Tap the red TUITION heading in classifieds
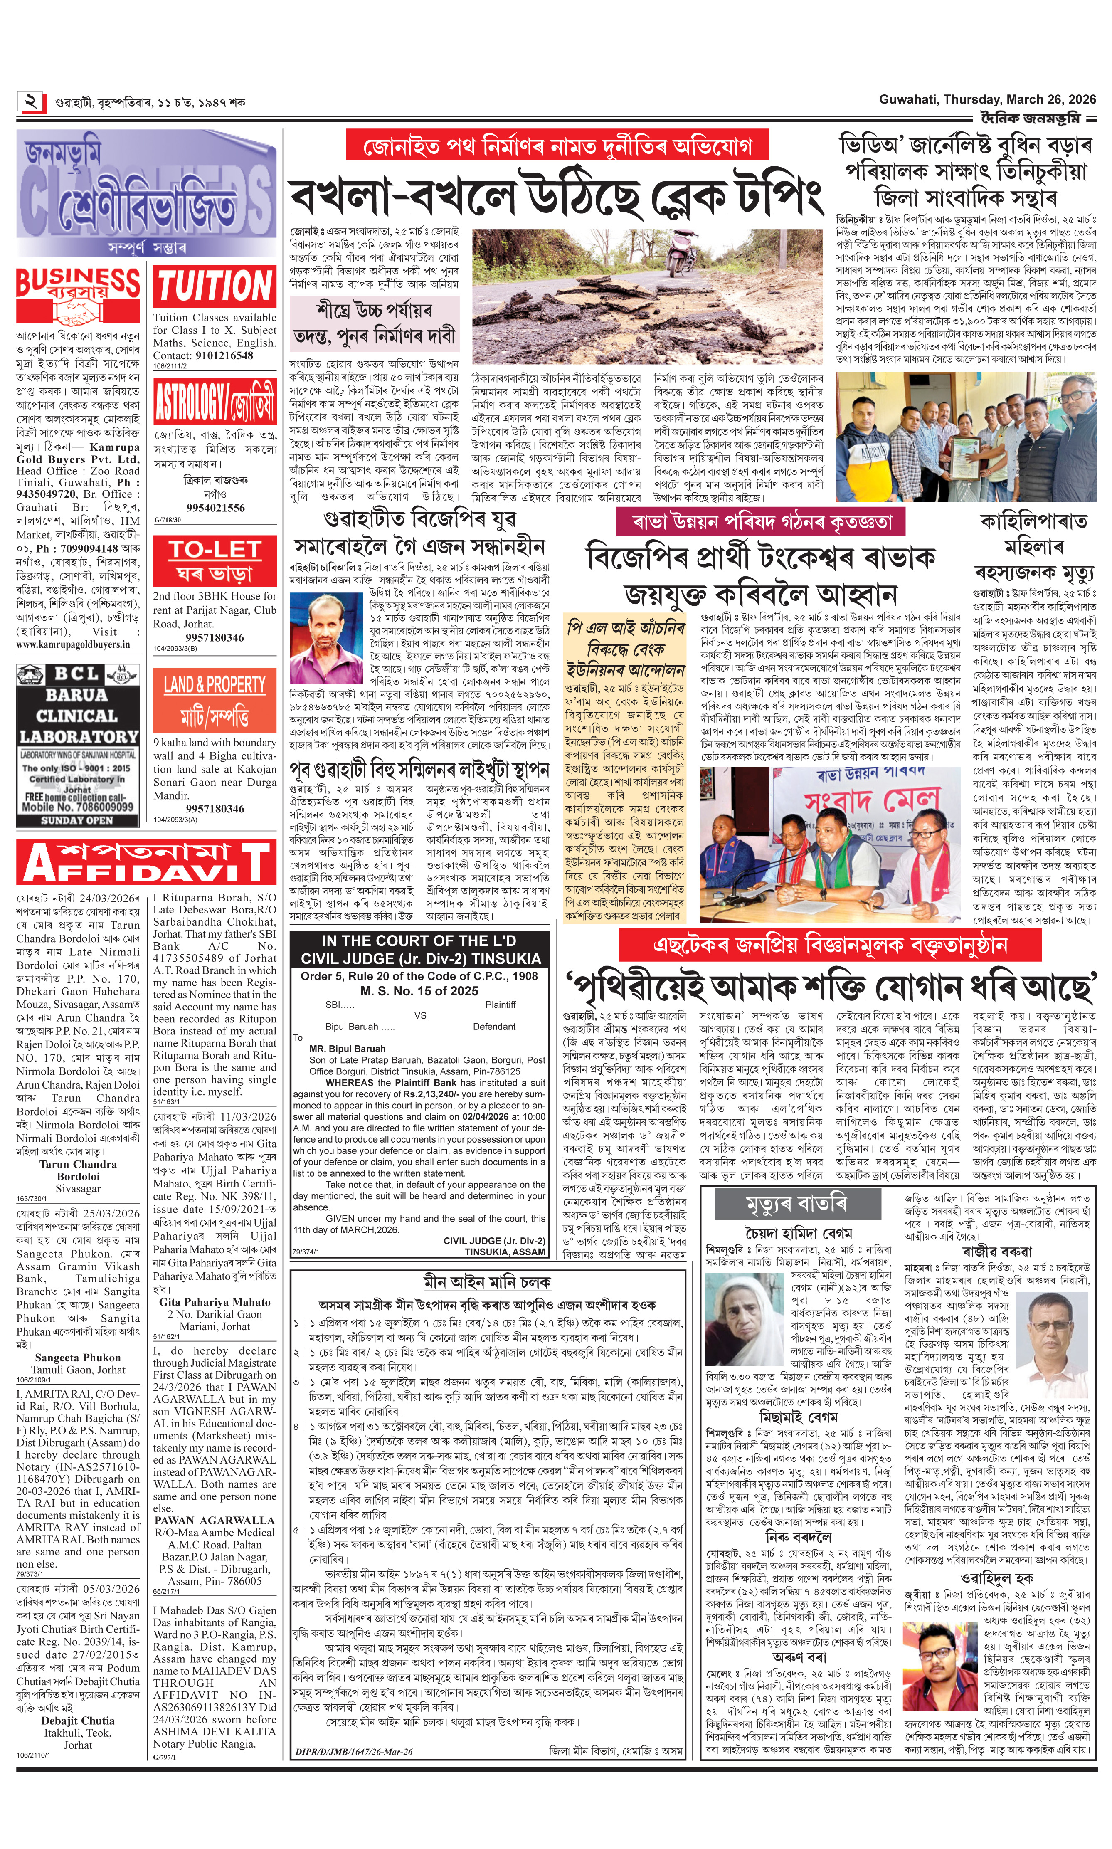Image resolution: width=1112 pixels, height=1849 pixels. tap(215, 286)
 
